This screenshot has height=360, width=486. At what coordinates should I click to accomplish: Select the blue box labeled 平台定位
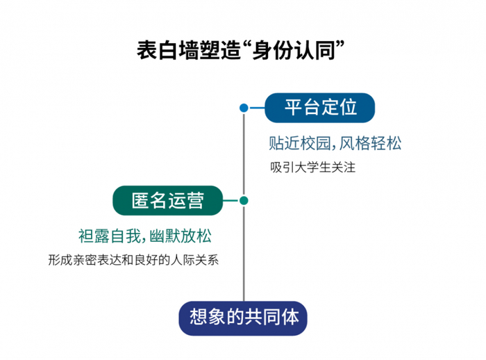tap(321, 108)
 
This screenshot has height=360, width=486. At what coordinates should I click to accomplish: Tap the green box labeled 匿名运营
tap(168, 201)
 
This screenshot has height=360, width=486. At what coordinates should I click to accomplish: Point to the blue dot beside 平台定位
tap(244, 108)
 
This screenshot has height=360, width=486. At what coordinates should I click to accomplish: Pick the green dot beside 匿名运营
tap(244, 201)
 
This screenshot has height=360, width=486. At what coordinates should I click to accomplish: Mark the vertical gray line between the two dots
tap(244, 154)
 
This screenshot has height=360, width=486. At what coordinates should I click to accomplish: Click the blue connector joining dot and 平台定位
tap(256, 108)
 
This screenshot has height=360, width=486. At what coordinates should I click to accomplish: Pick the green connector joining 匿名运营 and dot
tap(231, 201)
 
